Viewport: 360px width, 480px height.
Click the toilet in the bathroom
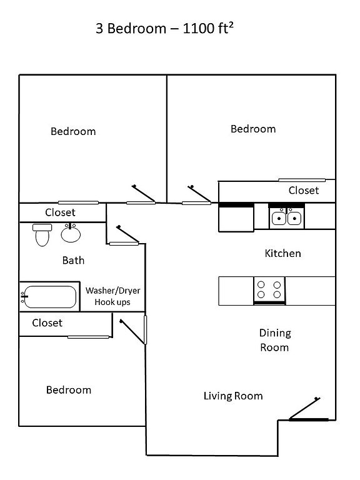(42, 235)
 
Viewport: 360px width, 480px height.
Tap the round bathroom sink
(71, 233)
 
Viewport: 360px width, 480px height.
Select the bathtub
(49, 297)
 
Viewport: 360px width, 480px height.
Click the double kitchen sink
(286, 217)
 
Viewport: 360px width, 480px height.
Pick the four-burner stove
(269, 290)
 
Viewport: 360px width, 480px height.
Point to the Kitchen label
(283, 254)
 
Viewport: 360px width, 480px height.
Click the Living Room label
(233, 396)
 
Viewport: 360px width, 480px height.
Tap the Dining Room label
(275, 340)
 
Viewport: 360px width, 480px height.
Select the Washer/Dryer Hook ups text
(112, 296)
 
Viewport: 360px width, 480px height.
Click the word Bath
(73, 261)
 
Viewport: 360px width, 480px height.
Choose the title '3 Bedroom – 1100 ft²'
(165, 29)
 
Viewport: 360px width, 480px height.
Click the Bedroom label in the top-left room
(73, 131)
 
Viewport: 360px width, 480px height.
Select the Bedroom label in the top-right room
(253, 129)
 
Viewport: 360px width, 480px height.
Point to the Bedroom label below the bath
(69, 390)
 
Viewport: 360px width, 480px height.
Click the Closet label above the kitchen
(304, 191)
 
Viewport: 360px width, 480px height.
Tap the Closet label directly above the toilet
(60, 212)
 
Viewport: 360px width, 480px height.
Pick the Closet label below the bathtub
(47, 323)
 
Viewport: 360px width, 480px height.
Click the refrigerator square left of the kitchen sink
(236, 218)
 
